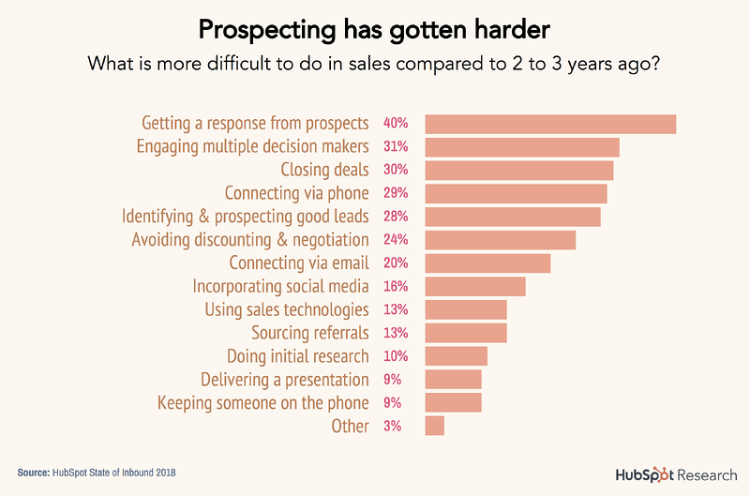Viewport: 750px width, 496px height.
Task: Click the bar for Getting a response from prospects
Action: click(550, 124)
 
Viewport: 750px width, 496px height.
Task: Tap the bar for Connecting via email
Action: click(487, 263)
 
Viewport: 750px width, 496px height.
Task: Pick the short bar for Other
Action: click(434, 426)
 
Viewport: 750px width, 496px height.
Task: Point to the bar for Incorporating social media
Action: click(475, 286)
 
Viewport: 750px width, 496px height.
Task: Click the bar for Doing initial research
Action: click(457, 356)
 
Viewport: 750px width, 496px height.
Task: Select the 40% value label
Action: click(395, 124)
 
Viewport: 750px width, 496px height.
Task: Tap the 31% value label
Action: click(395, 147)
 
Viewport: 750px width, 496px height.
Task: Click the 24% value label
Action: click(395, 240)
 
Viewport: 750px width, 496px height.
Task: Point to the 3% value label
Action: click(392, 426)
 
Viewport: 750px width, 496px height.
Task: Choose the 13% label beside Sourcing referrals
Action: click(395, 333)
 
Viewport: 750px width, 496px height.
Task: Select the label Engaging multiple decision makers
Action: click(252, 147)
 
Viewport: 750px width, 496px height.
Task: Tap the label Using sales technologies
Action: click(286, 309)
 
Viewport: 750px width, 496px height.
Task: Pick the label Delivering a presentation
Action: click(284, 380)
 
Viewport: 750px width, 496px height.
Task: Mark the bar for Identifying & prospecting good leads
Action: click(513, 217)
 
